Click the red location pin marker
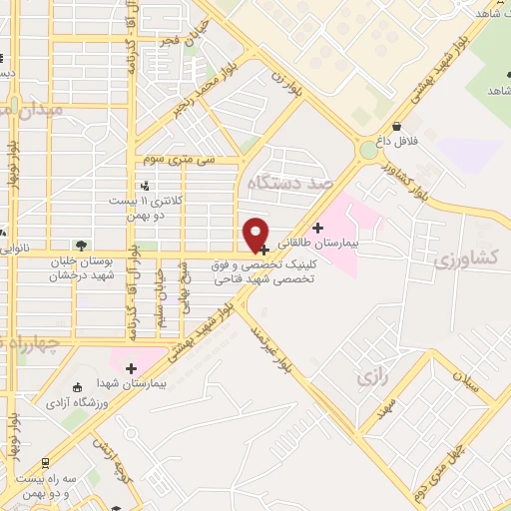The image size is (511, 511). (256, 234)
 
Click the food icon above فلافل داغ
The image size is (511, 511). (397, 127)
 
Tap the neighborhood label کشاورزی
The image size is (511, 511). (467, 259)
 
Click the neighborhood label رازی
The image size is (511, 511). (368, 378)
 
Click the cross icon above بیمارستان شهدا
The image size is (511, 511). (131, 368)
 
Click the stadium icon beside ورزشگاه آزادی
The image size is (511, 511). (79, 388)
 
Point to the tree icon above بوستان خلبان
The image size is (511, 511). (80, 245)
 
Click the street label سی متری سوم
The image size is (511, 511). (180, 159)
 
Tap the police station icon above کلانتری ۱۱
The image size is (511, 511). (146, 185)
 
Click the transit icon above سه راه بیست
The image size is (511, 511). (45, 463)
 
